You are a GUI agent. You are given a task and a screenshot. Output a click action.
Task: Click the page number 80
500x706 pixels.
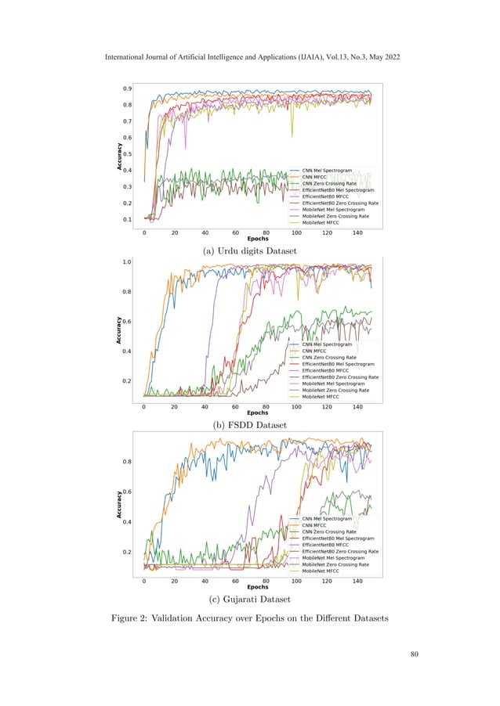404,654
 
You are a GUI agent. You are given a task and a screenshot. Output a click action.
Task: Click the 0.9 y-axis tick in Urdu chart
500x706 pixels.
126,88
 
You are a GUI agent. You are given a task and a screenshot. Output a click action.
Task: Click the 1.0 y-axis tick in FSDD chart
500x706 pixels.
126,261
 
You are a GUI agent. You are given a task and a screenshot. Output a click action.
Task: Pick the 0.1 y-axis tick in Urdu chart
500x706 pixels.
126,220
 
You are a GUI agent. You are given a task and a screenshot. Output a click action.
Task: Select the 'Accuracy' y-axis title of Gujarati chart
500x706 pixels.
119,504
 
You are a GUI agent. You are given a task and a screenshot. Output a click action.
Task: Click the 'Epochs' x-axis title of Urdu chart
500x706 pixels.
258,239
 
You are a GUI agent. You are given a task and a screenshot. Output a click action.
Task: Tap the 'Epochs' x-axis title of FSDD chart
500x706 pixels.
258,412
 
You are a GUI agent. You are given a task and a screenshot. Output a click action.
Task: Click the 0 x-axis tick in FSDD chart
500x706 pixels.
144,407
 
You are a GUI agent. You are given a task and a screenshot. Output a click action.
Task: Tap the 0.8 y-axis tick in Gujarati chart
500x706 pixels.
126,461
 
